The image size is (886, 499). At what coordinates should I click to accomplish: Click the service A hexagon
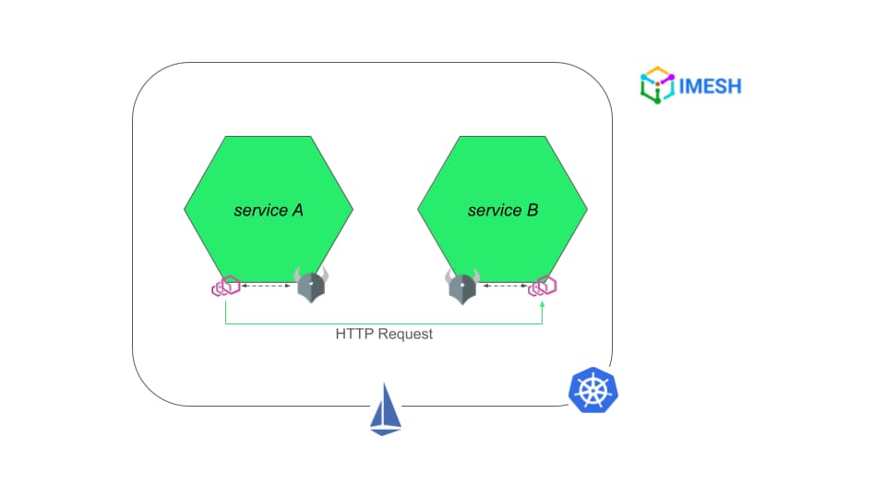point(269,209)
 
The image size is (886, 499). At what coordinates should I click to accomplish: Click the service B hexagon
point(502,209)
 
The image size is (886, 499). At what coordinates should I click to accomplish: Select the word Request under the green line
point(405,335)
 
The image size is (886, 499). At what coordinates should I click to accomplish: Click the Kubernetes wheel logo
point(593,390)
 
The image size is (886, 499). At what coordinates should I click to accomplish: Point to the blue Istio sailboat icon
point(386,409)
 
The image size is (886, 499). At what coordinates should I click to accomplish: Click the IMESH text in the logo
point(710,87)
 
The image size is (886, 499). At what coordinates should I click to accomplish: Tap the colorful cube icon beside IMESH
point(657,85)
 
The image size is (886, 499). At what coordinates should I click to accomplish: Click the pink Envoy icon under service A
point(226,286)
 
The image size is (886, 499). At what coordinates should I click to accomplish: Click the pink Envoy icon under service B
point(543,286)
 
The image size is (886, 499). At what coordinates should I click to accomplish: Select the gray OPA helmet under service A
point(311,285)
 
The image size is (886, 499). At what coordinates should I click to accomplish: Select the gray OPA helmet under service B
point(462,286)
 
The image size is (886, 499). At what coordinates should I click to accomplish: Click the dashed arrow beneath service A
point(266,286)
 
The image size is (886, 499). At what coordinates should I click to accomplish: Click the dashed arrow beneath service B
point(505,286)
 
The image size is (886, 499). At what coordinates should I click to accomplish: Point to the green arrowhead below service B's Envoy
point(543,304)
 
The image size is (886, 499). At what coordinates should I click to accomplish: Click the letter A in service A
point(297,211)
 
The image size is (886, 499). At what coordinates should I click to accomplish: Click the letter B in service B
point(533,211)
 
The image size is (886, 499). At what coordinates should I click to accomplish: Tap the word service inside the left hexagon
point(260,211)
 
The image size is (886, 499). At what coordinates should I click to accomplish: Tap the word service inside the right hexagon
point(495,211)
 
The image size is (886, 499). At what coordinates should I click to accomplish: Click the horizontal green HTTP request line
point(384,324)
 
